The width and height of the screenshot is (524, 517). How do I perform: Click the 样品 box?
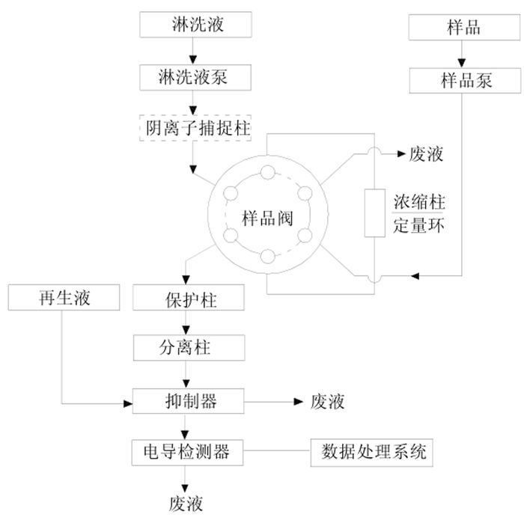click(462, 28)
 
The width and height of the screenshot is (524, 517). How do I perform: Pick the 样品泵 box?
click(462, 79)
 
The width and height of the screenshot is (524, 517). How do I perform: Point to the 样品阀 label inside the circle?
click(266, 218)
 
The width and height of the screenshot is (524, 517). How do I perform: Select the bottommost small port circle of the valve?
click(266, 259)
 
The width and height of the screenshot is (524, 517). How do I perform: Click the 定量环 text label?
click(419, 225)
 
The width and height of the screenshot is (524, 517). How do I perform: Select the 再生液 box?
click(62, 299)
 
